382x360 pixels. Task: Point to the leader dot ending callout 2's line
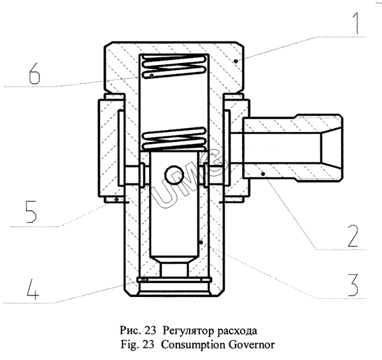click(262, 171)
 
